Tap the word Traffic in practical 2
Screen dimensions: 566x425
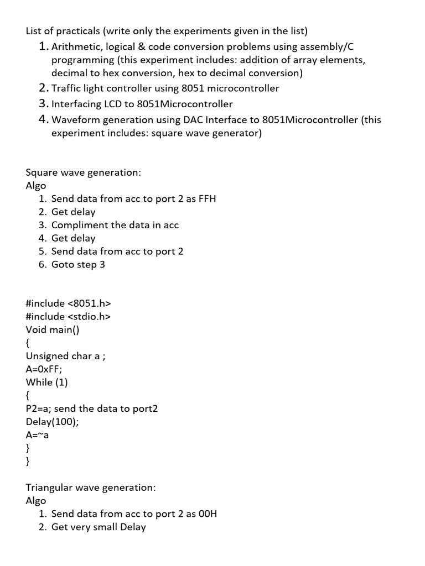coord(66,88)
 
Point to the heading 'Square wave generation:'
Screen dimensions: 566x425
coord(84,172)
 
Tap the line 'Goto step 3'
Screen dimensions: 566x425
coord(78,264)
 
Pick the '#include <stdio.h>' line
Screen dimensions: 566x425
coord(69,317)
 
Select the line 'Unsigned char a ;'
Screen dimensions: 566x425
coord(65,356)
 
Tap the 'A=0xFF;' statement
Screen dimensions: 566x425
coord(44,369)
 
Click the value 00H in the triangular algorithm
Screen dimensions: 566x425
coord(208,513)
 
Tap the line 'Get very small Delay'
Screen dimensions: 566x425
coord(99,527)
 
